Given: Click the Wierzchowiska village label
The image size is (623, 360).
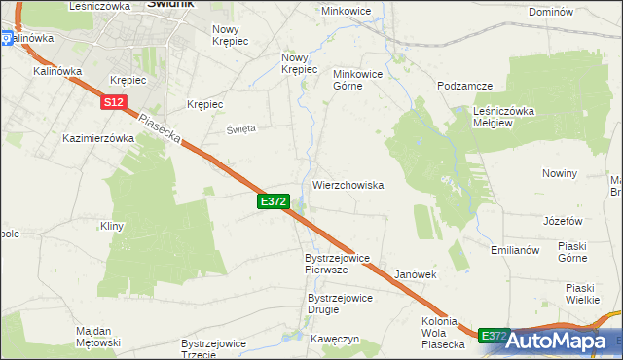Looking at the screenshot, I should click(348, 184).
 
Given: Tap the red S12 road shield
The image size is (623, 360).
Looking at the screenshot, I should click(113, 101).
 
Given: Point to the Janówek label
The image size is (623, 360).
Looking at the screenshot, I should click(416, 275).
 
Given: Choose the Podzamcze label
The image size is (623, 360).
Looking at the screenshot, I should click(465, 86).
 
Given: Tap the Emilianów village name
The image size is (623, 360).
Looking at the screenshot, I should click(515, 250).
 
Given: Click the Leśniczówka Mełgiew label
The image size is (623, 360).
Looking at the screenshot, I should click(504, 118).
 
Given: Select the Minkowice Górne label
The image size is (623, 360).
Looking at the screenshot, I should click(361, 80).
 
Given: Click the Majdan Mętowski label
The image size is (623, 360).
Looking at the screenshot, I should click(97, 337).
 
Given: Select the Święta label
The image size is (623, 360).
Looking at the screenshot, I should click(241, 128).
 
